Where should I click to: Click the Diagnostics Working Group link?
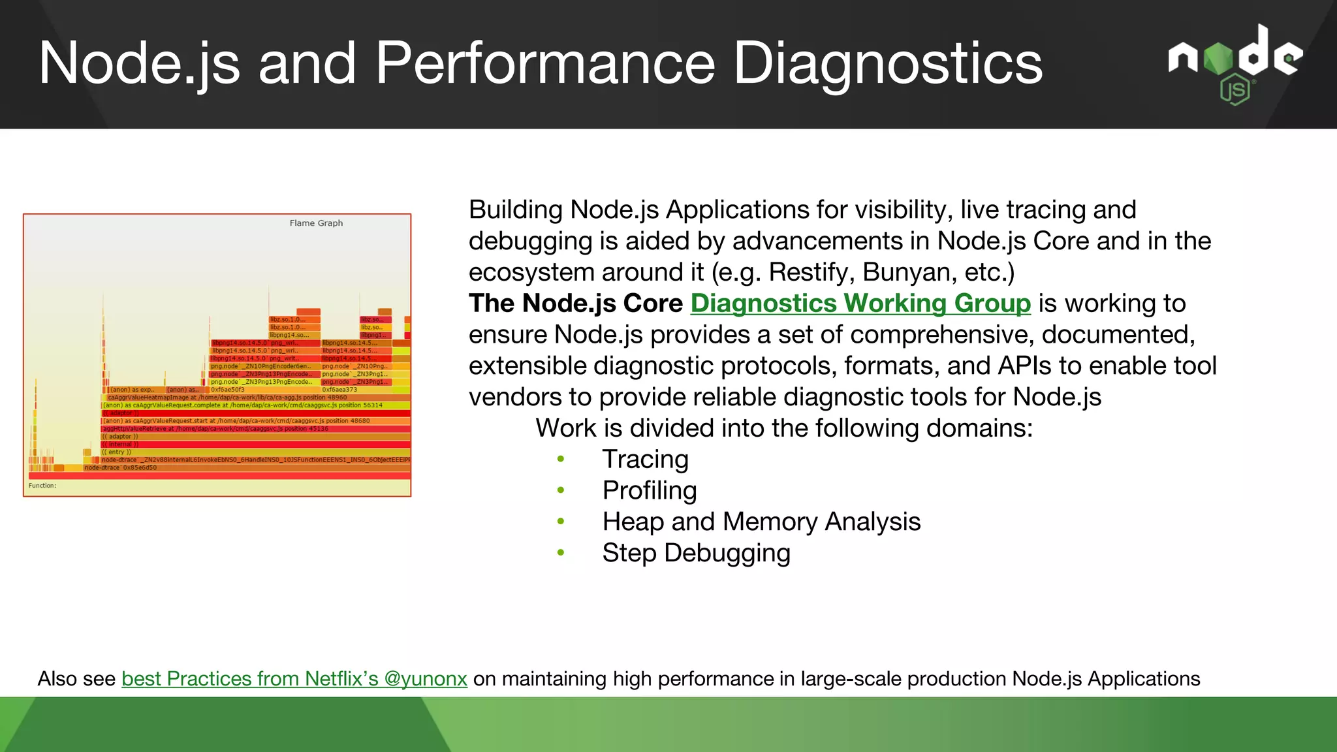[x=860, y=304]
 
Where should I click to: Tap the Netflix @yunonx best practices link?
[x=294, y=679]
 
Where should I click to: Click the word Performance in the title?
[x=545, y=63]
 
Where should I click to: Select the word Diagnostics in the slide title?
[x=888, y=63]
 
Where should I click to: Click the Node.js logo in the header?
[x=1235, y=64]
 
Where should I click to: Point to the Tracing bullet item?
[x=645, y=460]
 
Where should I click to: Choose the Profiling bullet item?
[x=650, y=491]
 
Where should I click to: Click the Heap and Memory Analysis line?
[x=761, y=522]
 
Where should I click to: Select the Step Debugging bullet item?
[x=696, y=554]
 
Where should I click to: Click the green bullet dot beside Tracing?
[x=561, y=460]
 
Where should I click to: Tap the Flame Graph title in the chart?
[x=316, y=223]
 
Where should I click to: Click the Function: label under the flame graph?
[x=42, y=486]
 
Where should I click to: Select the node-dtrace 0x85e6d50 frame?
[x=121, y=468]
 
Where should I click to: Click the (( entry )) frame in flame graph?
[x=117, y=452]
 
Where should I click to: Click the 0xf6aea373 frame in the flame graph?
[x=339, y=390]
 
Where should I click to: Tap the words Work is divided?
[x=630, y=428]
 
